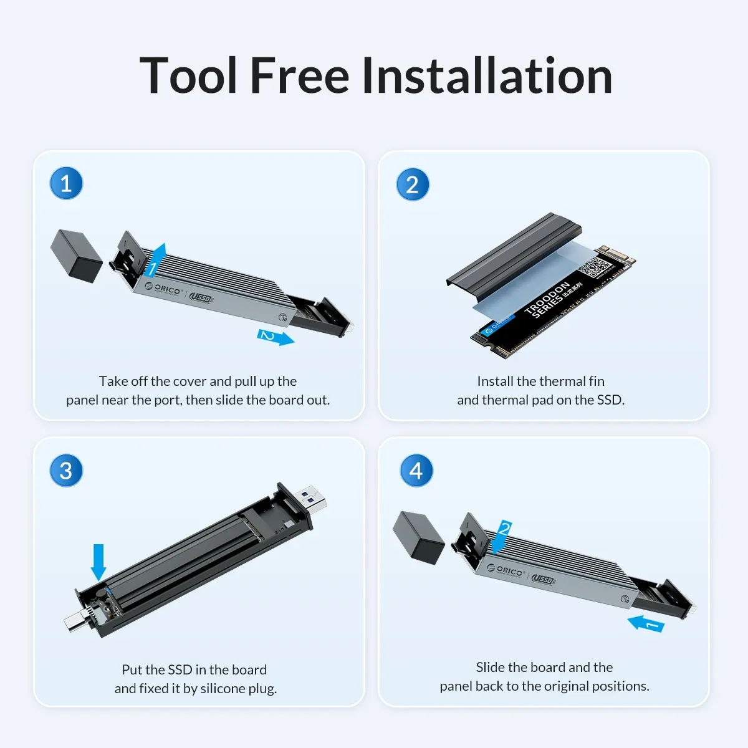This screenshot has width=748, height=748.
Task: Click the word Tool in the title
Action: pos(188,76)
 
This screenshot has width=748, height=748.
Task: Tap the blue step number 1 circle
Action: pos(66,184)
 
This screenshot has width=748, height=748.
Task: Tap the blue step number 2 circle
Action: pos(413,185)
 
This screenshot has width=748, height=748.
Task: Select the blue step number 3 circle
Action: pos(66,471)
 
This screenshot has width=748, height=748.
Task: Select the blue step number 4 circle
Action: pos(416,471)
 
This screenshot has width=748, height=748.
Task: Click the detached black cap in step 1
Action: pos(76,254)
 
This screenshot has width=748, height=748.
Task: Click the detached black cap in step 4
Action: pos(418,537)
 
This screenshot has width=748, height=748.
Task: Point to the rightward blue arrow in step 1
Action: pos(276,337)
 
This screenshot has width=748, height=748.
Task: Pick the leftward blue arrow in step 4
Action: pos(646,623)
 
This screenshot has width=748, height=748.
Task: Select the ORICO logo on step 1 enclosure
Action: pos(163,289)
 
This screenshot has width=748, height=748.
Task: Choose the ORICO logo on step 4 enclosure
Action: pos(506,570)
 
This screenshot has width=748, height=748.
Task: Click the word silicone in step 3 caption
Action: pos(213,688)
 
